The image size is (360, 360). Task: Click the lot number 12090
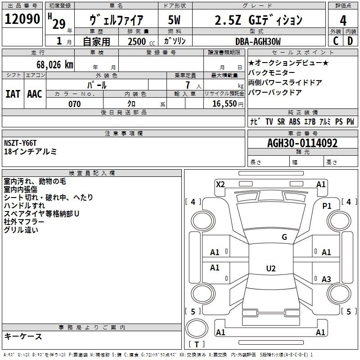click(x=22, y=19)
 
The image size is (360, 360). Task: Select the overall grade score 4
click(x=343, y=21)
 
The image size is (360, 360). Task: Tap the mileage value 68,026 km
click(x=55, y=65)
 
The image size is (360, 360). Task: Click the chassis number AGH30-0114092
click(x=302, y=143)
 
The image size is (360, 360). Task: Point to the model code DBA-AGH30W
click(x=258, y=41)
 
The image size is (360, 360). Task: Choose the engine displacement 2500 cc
click(x=141, y=41)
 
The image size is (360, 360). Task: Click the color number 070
click(x=75, y=104)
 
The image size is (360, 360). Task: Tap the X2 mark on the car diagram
click(x=220, y=184)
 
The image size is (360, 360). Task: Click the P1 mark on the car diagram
click(x=327, y=206)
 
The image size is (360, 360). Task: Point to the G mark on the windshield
click(x=284, y=237)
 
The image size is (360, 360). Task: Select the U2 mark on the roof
click(x=271, y=268)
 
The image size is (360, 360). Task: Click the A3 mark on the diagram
click(x=326, y=279)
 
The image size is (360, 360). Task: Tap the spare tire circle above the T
click(x=197, y=328)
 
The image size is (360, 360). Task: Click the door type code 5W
click(x=174, y=20)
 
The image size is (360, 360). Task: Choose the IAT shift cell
click(x=13, y=94)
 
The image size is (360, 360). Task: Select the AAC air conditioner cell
click(x=35, y=94)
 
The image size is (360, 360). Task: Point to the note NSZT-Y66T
click(x=20, y=143)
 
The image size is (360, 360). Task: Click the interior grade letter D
click(x=350, y=41)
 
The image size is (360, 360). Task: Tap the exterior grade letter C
click(x=336, y=41)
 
